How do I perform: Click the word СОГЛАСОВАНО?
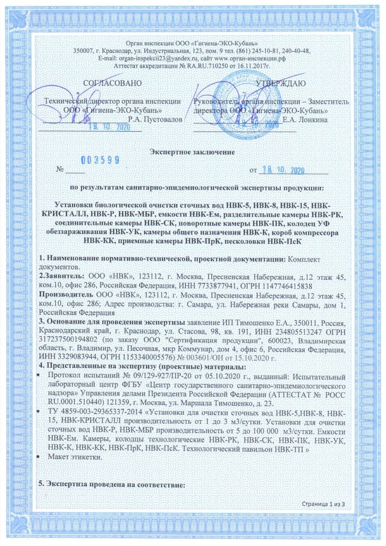(x=113, y=83)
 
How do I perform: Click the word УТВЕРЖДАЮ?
(x=280, y=83)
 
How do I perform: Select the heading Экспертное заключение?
(x=192, y=152)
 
